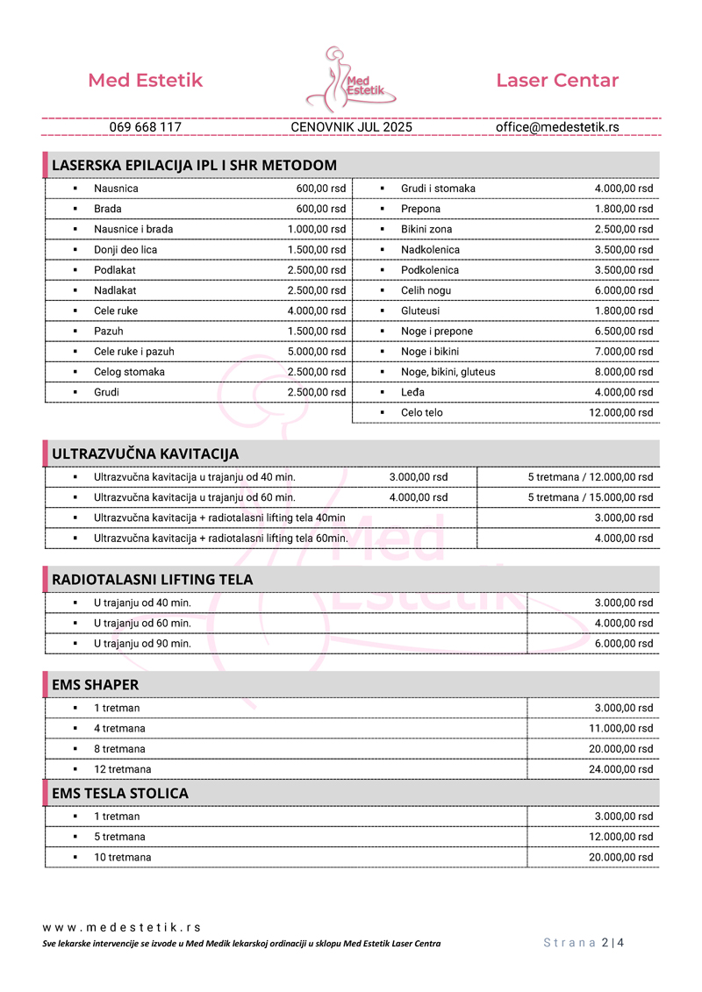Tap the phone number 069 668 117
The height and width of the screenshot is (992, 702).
tap(146, 127)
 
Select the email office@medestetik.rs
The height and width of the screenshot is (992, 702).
tap(557, 127)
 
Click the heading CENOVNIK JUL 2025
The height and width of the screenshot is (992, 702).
tap(351, 127)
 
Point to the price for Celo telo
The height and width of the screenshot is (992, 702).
tap(620, 412)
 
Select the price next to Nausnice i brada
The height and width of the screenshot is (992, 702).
tap(317, 229)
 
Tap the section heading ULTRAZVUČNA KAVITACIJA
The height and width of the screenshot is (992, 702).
tap(145, 453)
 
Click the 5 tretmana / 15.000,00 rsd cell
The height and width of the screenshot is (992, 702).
tap(590, 497)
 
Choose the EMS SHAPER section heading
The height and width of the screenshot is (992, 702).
tap(95, 685)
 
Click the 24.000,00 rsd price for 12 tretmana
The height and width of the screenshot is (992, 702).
tap(620, 769)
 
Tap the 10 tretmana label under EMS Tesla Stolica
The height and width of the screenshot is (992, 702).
tap(122, 857)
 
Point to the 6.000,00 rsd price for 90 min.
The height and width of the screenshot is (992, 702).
tap(624, 643)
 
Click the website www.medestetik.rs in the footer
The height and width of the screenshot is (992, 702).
tap(122, 927)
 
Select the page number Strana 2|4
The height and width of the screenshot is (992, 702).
tap(584, 943)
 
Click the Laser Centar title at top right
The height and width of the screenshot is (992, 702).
tap(557, 81)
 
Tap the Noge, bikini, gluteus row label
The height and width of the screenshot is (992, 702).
tap(448, 372)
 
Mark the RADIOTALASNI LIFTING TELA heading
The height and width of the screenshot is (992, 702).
tap(152, 580)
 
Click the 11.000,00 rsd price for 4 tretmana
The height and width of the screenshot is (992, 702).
tap(620, 728)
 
